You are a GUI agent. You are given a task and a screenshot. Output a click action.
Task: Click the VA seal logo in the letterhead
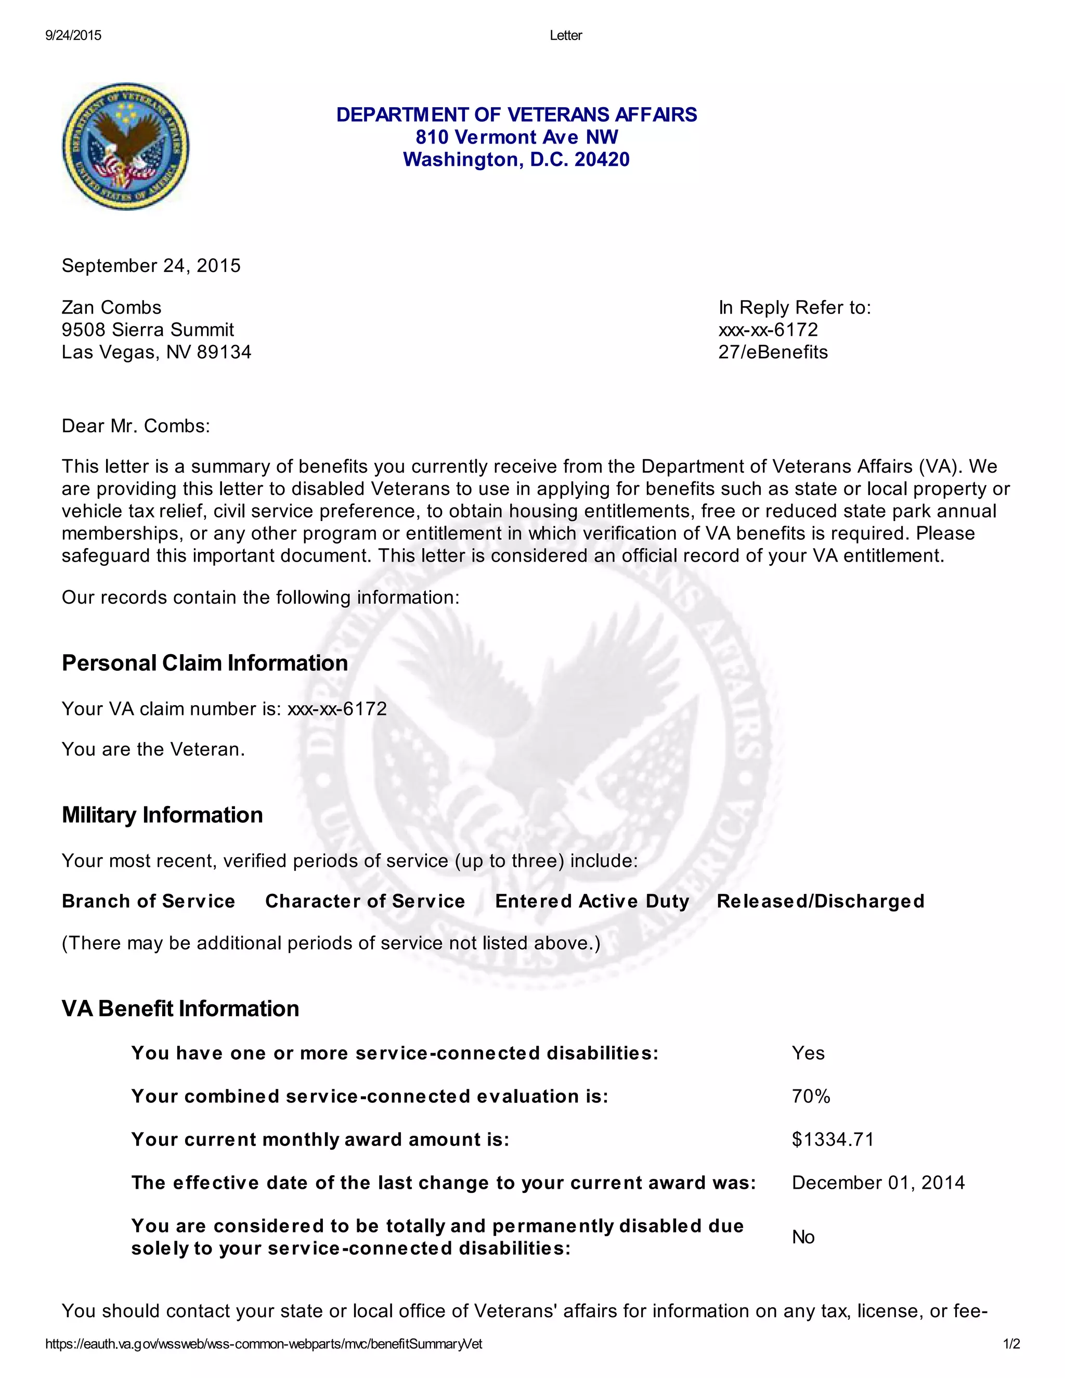coord(125,147)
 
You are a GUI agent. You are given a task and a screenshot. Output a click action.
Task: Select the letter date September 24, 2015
coord(151,266)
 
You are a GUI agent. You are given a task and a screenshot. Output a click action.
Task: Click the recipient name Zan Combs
coord(111,307)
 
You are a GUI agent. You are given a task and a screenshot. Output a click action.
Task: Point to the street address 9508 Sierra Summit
coord(148,330)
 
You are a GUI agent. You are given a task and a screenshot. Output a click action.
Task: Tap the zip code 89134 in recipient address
coord(224,352)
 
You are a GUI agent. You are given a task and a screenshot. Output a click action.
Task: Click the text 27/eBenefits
coord(772,352)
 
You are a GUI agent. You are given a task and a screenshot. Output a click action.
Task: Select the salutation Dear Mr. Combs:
coord(136,426)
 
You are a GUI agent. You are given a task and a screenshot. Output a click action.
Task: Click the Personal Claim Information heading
coord(204,663)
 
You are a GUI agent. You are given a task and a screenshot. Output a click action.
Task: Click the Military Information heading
coord(162,815)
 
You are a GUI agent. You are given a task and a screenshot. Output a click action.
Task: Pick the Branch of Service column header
coord(148,901)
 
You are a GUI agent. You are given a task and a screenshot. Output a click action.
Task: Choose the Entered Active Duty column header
coord(592,901)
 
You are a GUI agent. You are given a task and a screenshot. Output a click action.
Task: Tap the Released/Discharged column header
coord(820,901)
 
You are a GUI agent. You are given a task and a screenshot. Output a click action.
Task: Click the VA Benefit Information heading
coord(180,1009)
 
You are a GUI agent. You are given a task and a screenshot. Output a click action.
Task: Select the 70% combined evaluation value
coord(811,1097)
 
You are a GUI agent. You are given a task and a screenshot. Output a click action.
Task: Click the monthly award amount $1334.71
coord(833,1139)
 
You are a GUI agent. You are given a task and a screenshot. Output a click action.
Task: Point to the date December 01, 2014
coord(878,1182)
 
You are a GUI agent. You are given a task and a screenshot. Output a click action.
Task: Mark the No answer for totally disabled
coord(803,1237)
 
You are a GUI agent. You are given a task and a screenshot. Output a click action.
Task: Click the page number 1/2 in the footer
coord(1011,1344)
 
